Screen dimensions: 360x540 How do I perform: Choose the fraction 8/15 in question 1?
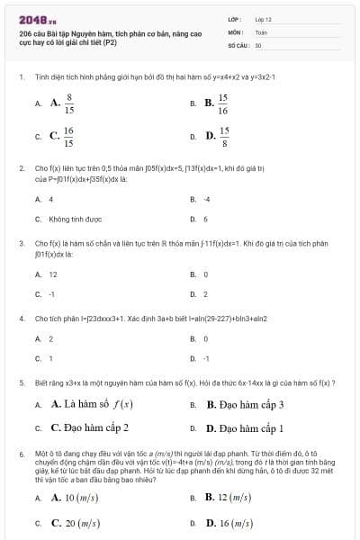pyautogui.click(x=66, y=104)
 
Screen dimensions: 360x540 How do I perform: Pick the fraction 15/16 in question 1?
pyautogui.click(x=220, y=104)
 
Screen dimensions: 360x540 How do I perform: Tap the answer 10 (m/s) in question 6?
pyautogui.click(x=75, y=498)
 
